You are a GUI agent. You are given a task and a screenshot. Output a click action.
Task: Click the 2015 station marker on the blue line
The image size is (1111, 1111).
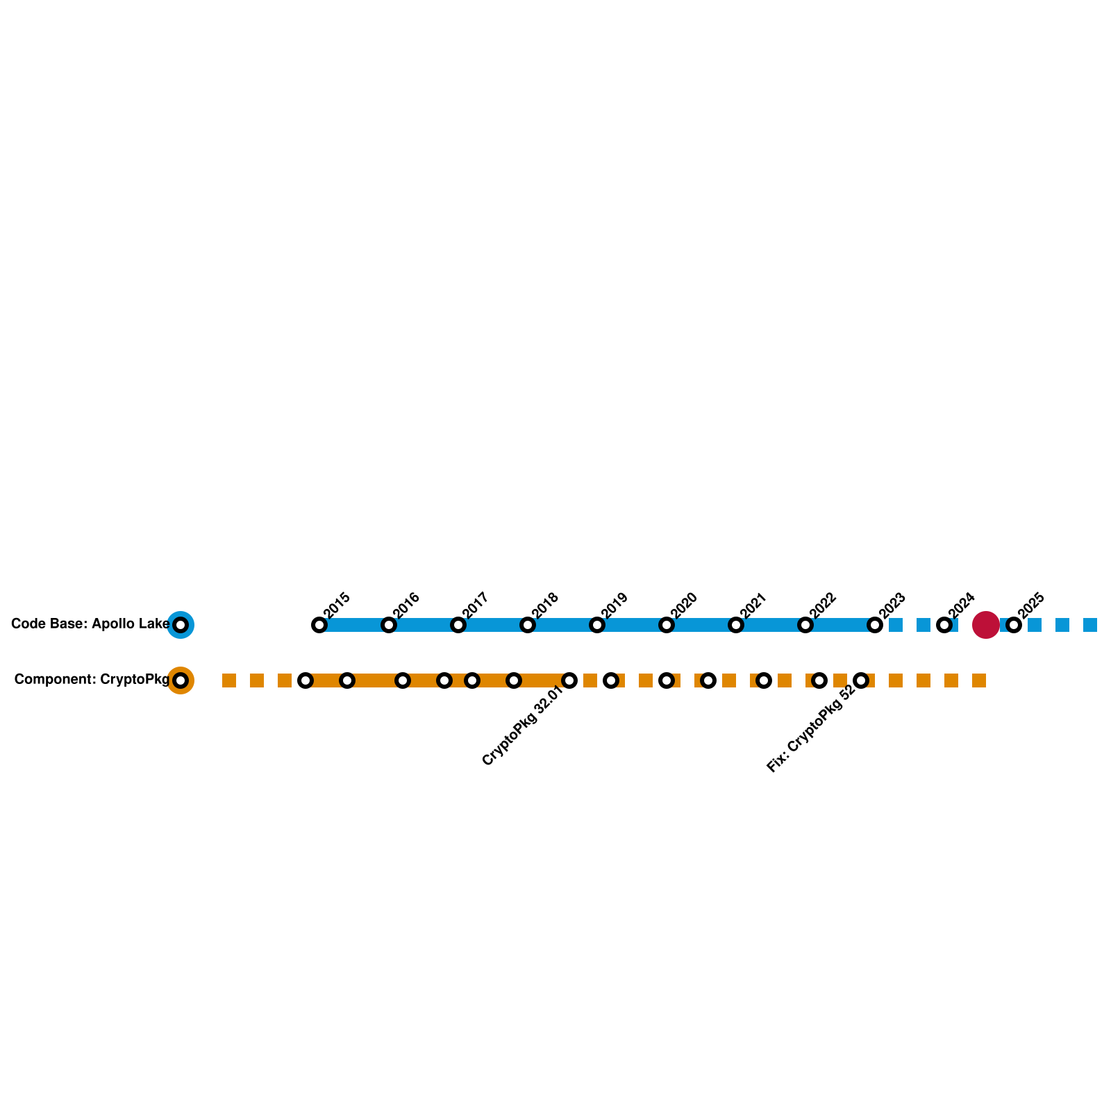319,625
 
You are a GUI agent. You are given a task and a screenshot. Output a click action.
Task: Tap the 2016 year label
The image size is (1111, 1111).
407,604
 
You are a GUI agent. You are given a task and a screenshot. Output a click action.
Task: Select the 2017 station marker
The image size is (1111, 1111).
458,625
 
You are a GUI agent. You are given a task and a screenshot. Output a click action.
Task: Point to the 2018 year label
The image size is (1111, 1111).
546,604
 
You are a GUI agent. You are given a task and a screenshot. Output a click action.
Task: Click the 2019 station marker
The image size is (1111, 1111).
597,625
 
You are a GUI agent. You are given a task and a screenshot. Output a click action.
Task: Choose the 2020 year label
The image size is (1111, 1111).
685,604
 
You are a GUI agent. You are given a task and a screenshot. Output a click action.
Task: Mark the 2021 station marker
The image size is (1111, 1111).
736,625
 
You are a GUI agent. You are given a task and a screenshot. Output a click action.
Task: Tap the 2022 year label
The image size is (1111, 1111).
824,604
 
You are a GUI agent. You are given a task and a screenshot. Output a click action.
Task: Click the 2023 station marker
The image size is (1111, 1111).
875,625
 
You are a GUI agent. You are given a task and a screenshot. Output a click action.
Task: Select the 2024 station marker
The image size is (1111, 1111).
944,625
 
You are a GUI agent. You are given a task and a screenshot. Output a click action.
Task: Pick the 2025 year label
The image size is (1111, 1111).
1032,604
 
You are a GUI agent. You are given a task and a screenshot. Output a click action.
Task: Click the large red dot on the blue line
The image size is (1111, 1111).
986,625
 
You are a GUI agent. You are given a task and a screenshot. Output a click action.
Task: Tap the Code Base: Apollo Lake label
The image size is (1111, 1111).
90,624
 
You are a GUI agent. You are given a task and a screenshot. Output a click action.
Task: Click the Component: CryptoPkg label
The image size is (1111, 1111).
92,680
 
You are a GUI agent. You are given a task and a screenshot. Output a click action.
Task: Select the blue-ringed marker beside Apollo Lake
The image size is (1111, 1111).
181,625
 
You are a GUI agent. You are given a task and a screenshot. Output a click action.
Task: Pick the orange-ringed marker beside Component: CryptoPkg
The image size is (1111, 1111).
181,680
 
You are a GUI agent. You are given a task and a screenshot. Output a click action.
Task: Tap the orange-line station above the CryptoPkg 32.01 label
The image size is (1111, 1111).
569,680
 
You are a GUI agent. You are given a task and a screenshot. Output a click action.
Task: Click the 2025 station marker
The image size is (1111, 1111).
1014,625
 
